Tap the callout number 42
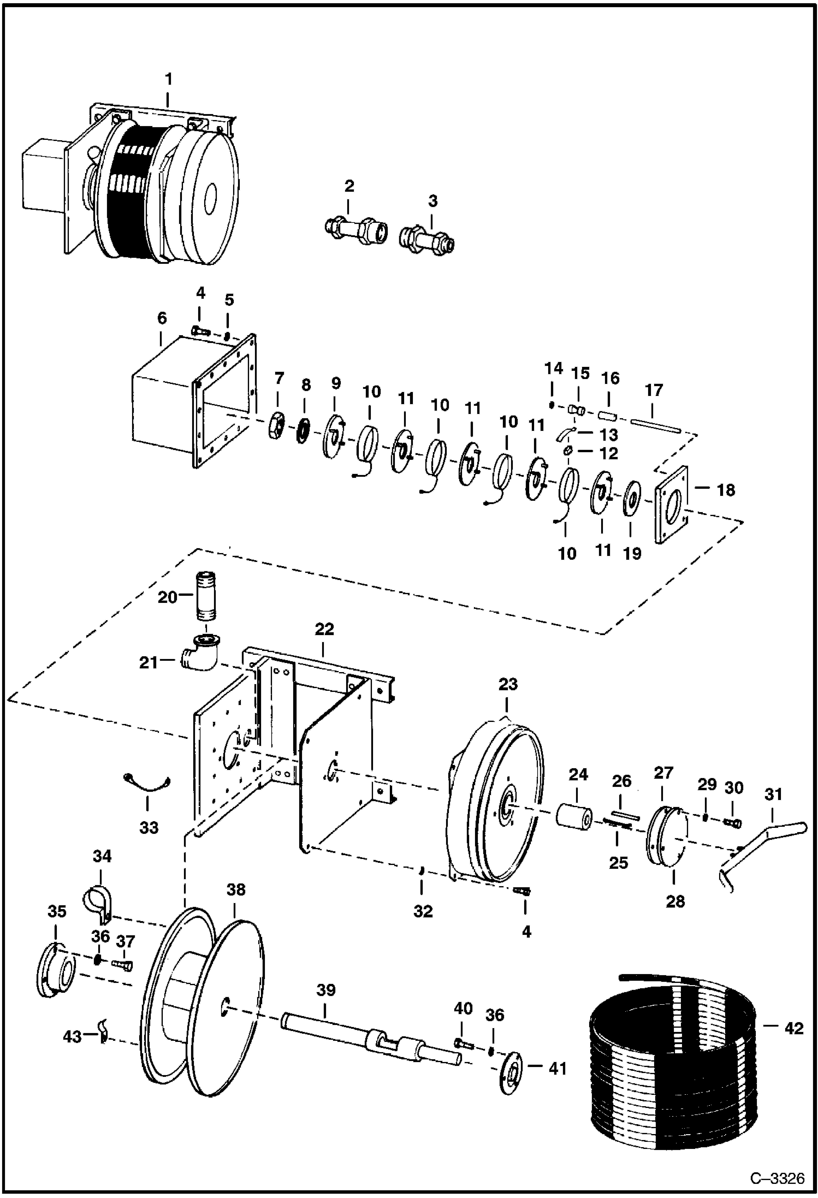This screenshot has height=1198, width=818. click(x=793, y=1029)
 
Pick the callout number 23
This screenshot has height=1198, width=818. click(x=508, y=685)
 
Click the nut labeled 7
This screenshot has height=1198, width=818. click(x=277, y=425)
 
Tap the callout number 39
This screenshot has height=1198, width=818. click(x=326, y=991)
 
